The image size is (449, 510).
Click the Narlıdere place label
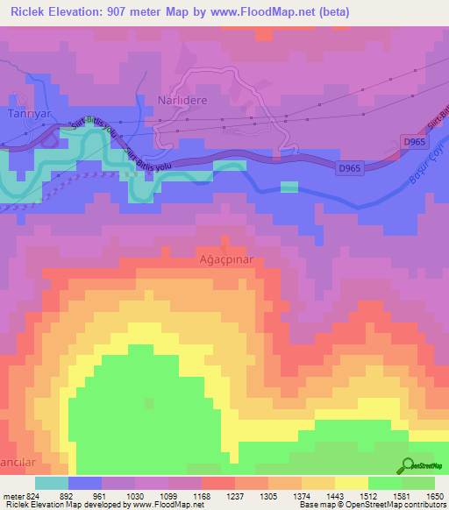(x=182, y=101)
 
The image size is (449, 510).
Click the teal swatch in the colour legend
(x=52, y=482)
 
